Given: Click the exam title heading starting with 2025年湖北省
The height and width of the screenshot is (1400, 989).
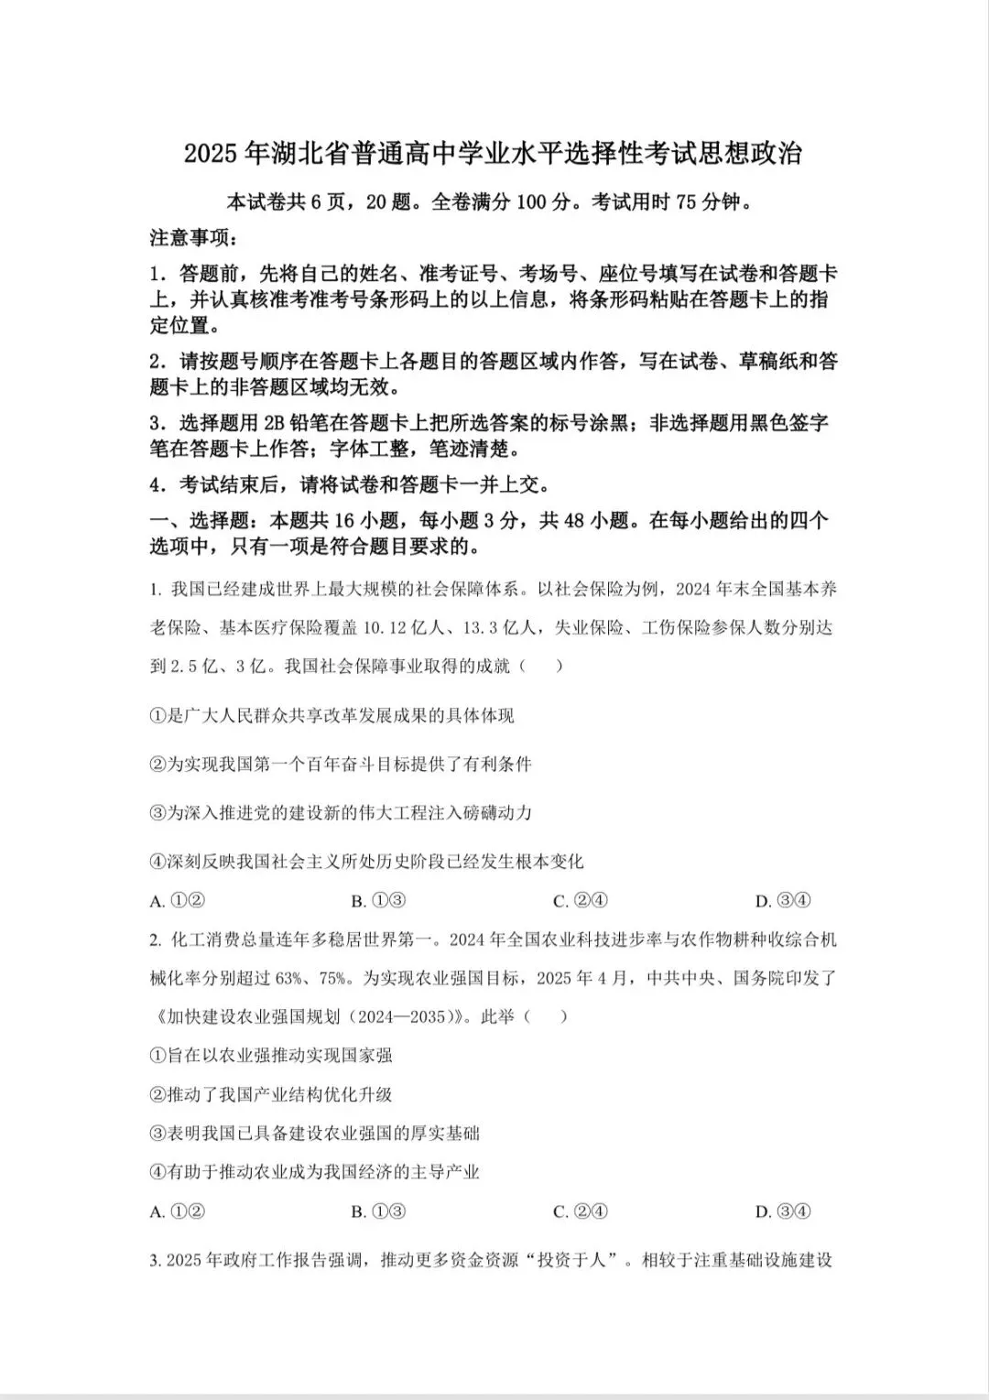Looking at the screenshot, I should [493, 154].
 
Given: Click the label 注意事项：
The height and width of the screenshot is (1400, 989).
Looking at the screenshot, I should [195, 238].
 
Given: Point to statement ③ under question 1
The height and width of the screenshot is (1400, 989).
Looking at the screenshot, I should [340, 813].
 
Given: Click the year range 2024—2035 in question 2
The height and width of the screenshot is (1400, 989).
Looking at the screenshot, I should [397, 1016].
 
